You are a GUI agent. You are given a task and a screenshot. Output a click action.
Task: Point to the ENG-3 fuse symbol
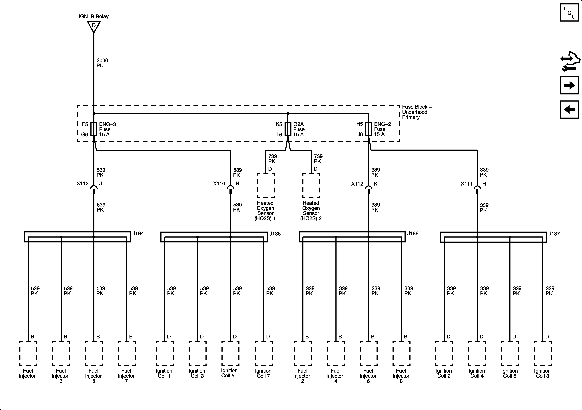tap(94, 129)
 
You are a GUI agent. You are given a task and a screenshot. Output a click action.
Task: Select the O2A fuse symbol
tap(288, 129)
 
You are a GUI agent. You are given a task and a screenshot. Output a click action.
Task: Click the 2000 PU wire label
tap(102, 63)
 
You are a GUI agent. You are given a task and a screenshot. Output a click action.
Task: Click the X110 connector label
tap(219, 184)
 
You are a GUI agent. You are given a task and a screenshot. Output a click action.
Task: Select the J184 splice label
tap(138, 234)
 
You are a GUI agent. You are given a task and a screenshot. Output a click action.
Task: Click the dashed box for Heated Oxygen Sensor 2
tap(311, 186)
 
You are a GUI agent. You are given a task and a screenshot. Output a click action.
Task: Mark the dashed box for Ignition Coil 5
tap(230, 353)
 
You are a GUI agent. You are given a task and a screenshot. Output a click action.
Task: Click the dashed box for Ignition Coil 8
tap(543, 353)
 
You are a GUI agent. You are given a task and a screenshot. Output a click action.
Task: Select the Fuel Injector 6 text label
tap(368, 376)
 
